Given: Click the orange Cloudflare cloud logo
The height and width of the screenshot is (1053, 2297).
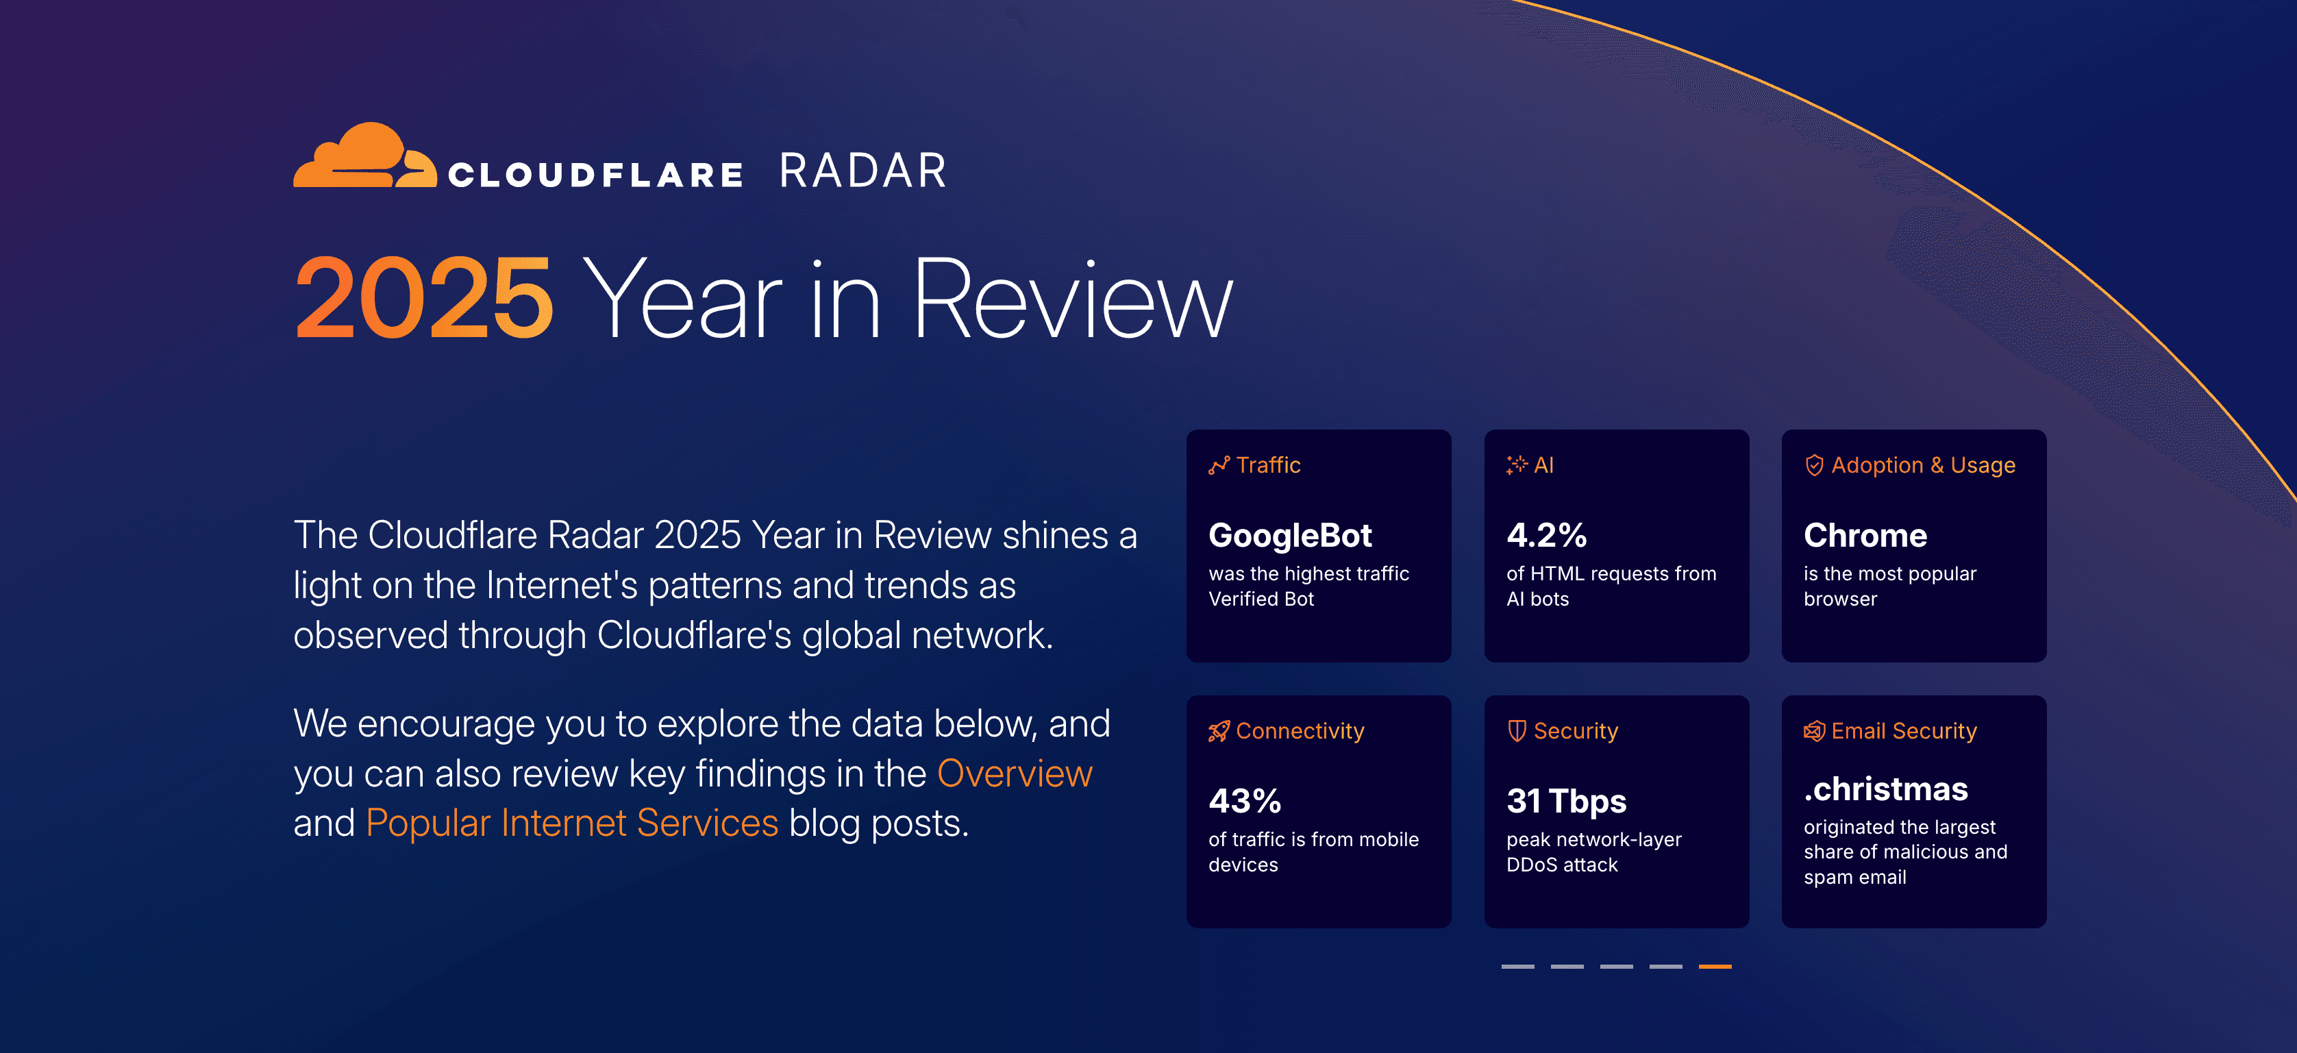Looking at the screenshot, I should point(364,157).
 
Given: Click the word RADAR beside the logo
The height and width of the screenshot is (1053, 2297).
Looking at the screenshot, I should point(862,171).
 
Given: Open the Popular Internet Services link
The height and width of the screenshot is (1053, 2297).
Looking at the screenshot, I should point(571,823).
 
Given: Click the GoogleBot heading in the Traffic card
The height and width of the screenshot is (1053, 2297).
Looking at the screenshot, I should point(1289,536).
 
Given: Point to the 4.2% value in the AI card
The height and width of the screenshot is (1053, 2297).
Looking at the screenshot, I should point(1546,536).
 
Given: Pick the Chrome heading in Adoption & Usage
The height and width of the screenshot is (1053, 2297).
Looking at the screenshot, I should point(1865,536).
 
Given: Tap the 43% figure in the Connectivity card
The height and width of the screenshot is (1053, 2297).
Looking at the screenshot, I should point(1244,801).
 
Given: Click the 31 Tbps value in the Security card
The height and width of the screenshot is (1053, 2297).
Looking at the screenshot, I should point(1566,801).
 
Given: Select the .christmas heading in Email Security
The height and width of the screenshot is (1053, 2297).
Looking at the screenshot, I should point(1885,789).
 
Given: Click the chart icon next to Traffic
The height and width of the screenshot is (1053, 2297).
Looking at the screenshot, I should point(1218,465).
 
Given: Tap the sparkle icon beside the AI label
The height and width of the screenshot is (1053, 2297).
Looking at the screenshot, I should point(1516,465).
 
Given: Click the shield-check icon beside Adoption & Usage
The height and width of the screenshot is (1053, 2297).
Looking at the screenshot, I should point(1814,465).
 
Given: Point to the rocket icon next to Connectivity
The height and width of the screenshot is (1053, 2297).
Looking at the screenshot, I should point(1218,731).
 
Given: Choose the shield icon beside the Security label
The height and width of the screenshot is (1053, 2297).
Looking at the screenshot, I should point(1516,731).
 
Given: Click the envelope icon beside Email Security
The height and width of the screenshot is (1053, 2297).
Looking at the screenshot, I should point(1814,731).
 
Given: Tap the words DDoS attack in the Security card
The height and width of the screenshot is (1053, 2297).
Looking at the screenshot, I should point(1561,865).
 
